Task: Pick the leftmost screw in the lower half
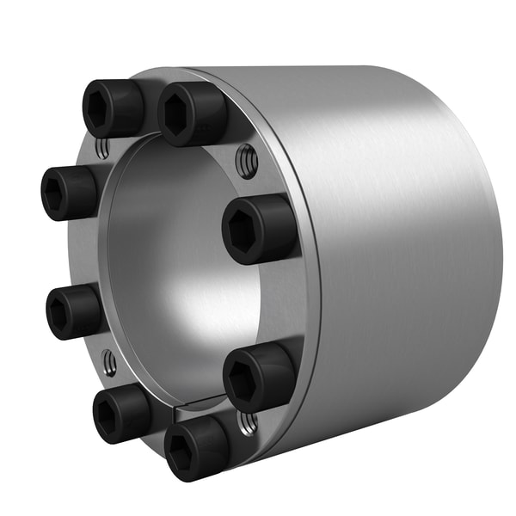(x=74, y=310)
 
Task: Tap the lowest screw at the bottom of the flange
(x=197, y=447)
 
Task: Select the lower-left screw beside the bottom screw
(x=121, y=412)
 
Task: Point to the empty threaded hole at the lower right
(x=248, y=421)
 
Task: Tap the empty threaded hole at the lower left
(x=109, y=365)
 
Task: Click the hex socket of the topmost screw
(x=176, y=115)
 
